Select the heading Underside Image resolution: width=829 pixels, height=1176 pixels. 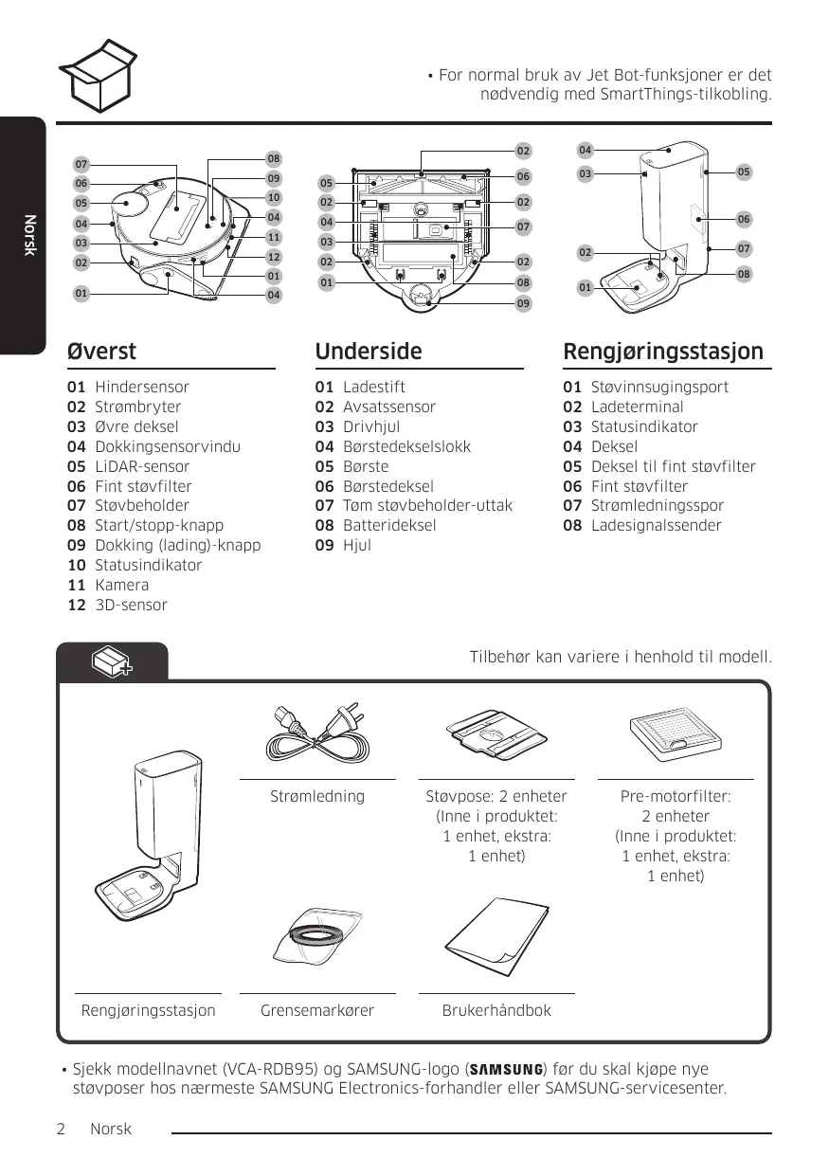coord(369,352)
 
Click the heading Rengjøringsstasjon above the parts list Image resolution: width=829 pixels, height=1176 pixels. coord(662,352)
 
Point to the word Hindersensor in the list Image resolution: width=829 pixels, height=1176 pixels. coord(141,388)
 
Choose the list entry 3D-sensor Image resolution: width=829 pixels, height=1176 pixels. coord(131,606)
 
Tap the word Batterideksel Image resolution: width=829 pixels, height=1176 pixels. coord(389,526)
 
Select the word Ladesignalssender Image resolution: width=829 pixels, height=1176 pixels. coord(656,526)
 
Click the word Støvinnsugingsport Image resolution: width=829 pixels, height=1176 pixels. coord(659,388)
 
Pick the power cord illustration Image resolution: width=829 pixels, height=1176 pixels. coord(317,732)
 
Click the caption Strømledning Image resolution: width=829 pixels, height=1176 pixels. coord(317,796)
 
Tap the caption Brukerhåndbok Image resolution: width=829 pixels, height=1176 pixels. coord(496,1011)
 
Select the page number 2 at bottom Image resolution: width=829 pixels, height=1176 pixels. coord(61,1130)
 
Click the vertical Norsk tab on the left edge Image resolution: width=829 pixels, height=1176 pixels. coord(29,234)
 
